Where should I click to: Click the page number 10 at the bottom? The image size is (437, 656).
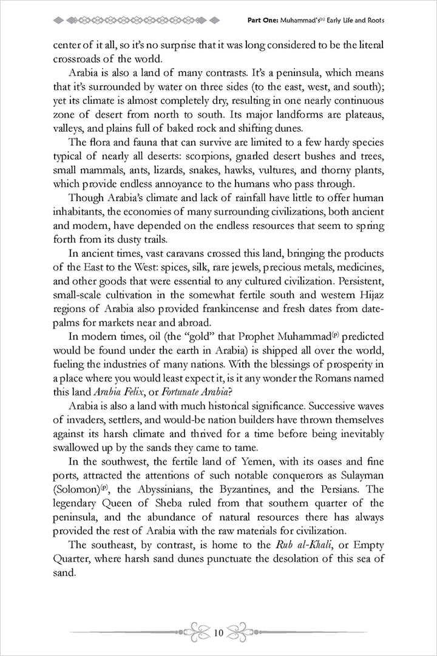point(218,633)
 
